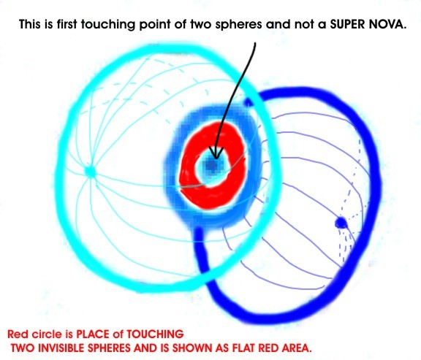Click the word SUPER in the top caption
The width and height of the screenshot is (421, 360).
tap(347, 24)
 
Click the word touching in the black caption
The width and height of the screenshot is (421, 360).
tap(108, 25)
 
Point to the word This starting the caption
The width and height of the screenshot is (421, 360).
tap(30, 24)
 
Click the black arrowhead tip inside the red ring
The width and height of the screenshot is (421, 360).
tap(216, 158)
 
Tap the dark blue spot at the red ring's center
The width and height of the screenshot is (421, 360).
tap(214, 166)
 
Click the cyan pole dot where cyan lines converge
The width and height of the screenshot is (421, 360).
tap(90, 171)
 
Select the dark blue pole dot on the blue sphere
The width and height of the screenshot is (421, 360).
tap(341, 223)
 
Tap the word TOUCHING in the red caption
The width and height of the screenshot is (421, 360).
tap(155, 334)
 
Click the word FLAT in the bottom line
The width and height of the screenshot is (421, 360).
tap(243, 348)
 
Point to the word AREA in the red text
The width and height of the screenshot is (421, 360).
tap(297, 348)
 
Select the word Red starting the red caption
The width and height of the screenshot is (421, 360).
tap(18, 334)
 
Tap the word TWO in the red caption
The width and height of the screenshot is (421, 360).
tap(23, 348)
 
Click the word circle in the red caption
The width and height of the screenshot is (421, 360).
tap(47, 334)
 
